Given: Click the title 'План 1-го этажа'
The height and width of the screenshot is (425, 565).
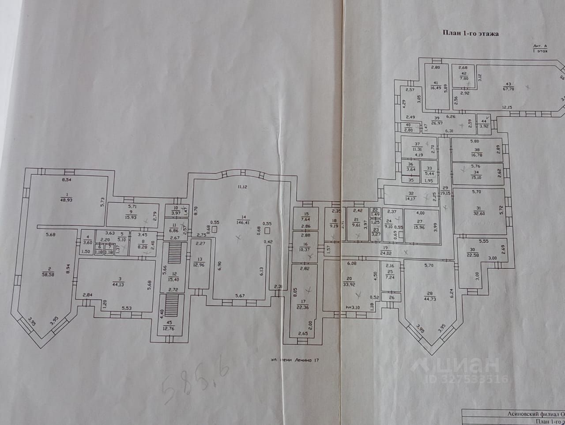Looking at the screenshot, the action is point(471,33).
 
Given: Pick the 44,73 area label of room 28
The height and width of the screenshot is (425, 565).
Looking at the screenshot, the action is point(429,299).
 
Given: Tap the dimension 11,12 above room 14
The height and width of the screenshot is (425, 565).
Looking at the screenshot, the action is point(242,187).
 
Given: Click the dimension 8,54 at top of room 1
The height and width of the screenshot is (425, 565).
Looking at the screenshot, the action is point(67,180).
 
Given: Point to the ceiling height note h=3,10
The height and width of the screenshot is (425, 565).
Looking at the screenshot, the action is point(352,308).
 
